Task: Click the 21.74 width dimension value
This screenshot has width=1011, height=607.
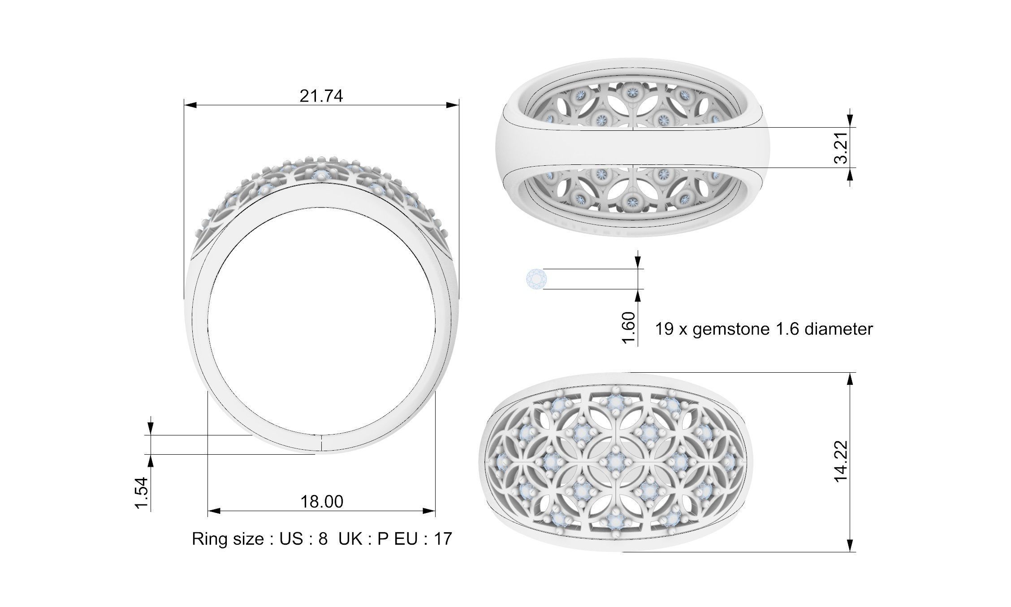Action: coord(321,96)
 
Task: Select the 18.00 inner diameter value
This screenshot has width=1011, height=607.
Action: coord(321,501)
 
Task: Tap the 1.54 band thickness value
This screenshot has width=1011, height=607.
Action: coord(141,493)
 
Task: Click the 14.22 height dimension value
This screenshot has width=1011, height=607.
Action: coord(842,461)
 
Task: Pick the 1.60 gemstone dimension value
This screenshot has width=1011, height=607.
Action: coord(629,328)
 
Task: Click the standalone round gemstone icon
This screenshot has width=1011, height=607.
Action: coord(536,279)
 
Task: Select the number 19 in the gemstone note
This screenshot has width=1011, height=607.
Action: coord(664,329)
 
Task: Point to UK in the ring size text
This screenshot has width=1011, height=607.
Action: coord(350,538)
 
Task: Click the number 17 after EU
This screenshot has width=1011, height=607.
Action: coord(443,538)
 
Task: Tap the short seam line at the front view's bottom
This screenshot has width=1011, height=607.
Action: coord(322,443)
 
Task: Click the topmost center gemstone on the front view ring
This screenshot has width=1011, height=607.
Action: coord(320,175)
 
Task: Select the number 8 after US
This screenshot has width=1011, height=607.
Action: coord(323,538)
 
